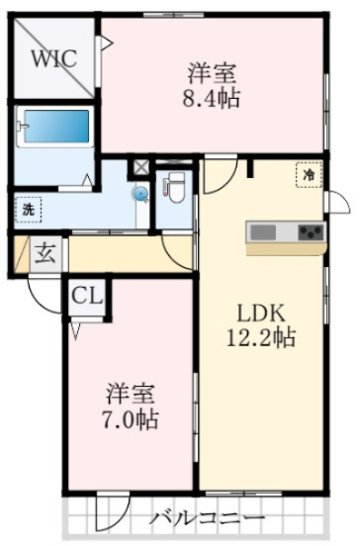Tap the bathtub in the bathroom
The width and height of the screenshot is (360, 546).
click(x=53, y=128)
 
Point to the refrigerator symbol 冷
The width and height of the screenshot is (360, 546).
click(x=309, y=175)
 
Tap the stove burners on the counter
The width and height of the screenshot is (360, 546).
click(x=311, y=233)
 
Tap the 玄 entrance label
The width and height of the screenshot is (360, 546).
click(x=45, y=252)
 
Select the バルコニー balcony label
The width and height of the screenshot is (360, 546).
click(x=208, y=518)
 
